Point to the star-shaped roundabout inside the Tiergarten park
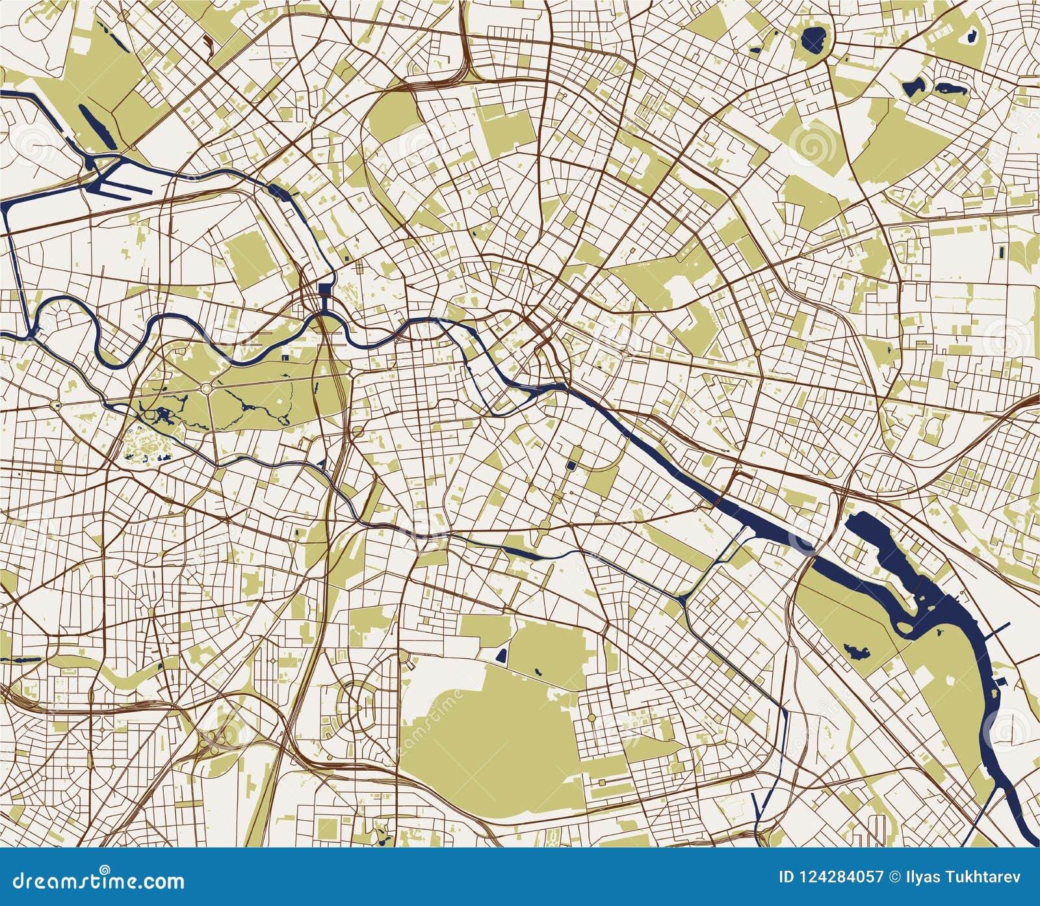point(205,388)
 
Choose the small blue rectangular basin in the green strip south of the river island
point(571,466)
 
